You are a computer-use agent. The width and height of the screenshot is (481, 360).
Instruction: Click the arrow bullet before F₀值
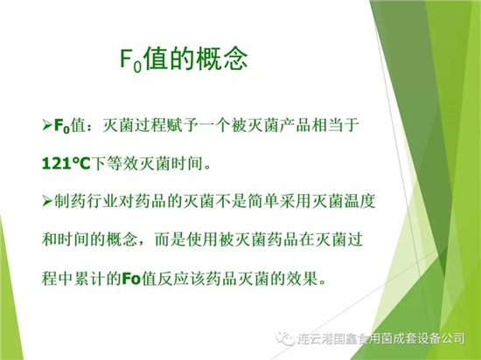point(47,126)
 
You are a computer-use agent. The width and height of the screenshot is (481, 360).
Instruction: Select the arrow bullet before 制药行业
point(47,201)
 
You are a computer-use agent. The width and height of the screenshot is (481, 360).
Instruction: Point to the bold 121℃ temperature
point(66,163)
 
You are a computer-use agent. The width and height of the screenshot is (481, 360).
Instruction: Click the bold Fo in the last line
point(131,278)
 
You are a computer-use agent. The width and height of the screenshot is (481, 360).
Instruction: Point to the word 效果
point(301,278)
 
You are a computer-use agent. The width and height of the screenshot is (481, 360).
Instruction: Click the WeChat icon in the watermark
point(284,338)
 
